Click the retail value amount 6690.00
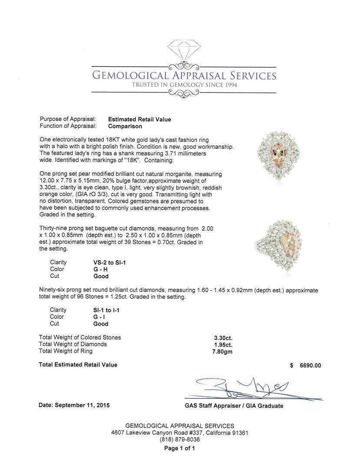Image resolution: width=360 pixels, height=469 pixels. click(310, 365)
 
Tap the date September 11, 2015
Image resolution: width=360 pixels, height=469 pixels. click(74, 405)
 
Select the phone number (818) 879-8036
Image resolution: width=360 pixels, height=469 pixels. click(180, 439)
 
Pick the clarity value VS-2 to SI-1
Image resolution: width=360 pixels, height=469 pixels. click(106, 262)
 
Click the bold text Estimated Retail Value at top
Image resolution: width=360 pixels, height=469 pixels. click(139, 119)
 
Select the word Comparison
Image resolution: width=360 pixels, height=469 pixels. click(125, 126)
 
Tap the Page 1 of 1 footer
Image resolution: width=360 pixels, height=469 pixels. click(179, 449)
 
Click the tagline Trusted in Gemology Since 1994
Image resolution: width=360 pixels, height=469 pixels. click(184, 85)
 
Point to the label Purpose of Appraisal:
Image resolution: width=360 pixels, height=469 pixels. click(67, 119)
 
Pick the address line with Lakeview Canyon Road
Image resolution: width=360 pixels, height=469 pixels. click(180, 433)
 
